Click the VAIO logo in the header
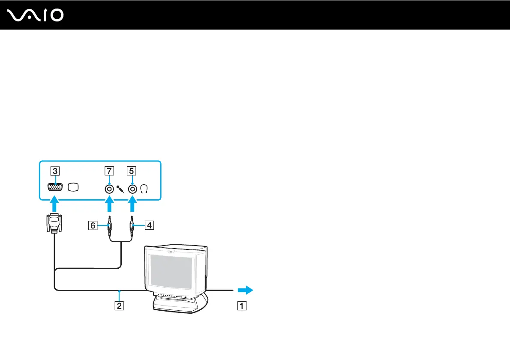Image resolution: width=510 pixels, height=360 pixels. [x=36, y=16]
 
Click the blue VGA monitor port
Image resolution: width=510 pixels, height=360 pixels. [x=54, y=188]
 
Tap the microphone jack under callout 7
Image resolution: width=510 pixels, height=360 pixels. [x=109, y=188]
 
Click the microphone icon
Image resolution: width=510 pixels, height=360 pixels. [x=120, y=189]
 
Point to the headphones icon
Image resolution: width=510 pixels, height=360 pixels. [x=144, y=189]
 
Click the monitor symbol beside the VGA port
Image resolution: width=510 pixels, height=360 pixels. [x=74, y=188]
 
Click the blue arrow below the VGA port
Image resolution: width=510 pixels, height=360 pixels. [x=54, y=203]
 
